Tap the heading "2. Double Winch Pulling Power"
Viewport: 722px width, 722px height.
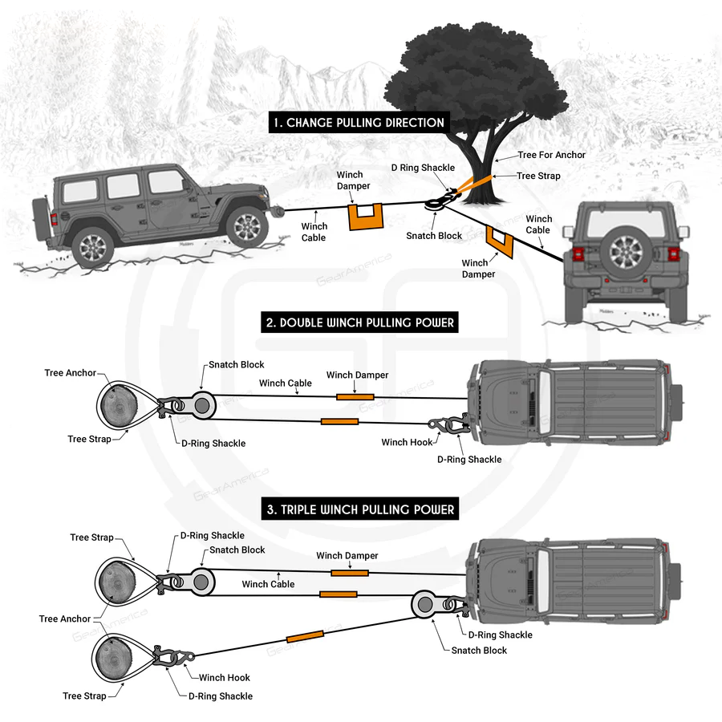point(360,323)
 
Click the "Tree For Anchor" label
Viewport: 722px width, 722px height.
point(551,155)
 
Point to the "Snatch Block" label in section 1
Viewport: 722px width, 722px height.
point(434,236)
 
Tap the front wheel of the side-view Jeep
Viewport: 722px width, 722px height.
point(246,225)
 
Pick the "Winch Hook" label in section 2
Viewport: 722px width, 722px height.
point(407,442)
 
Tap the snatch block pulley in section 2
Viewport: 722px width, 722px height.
point(202,404)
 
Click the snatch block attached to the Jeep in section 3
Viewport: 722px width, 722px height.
point(424,604)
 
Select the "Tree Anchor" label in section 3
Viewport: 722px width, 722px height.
point(65,619)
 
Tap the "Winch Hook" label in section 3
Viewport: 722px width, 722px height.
point(225,678)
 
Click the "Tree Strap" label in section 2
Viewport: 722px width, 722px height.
point(88,439)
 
